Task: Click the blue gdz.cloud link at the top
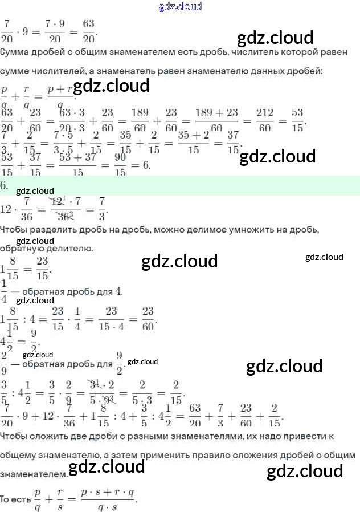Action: (x=180, y=7)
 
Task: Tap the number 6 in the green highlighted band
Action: (x=3, y=185)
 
